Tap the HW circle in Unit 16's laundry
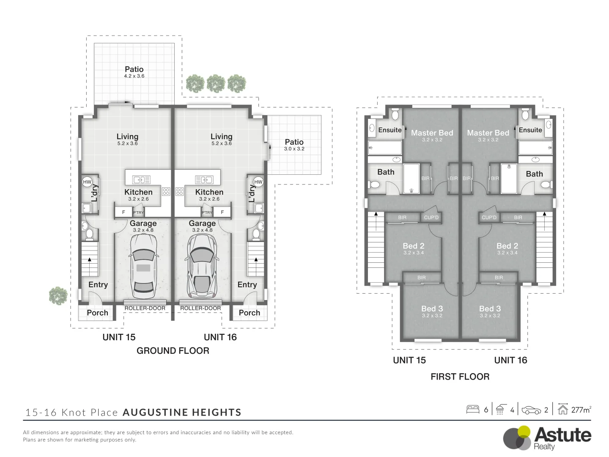pos(258,182)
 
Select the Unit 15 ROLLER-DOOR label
pos(145,308)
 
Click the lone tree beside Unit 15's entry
pos(58,295)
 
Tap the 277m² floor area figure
pos(581,410)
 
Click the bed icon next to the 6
pos(472,409)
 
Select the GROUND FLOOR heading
pos(173,350)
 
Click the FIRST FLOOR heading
pos(460,377)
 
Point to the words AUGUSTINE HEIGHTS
pos(182,413)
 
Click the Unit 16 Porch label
pos(249,313)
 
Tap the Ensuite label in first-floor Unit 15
pos(390,130)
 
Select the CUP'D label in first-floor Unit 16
pos(489,217)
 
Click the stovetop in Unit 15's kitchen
pos(166,192)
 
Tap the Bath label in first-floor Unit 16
pos(534,174)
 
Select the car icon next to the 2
pos(531,410)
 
